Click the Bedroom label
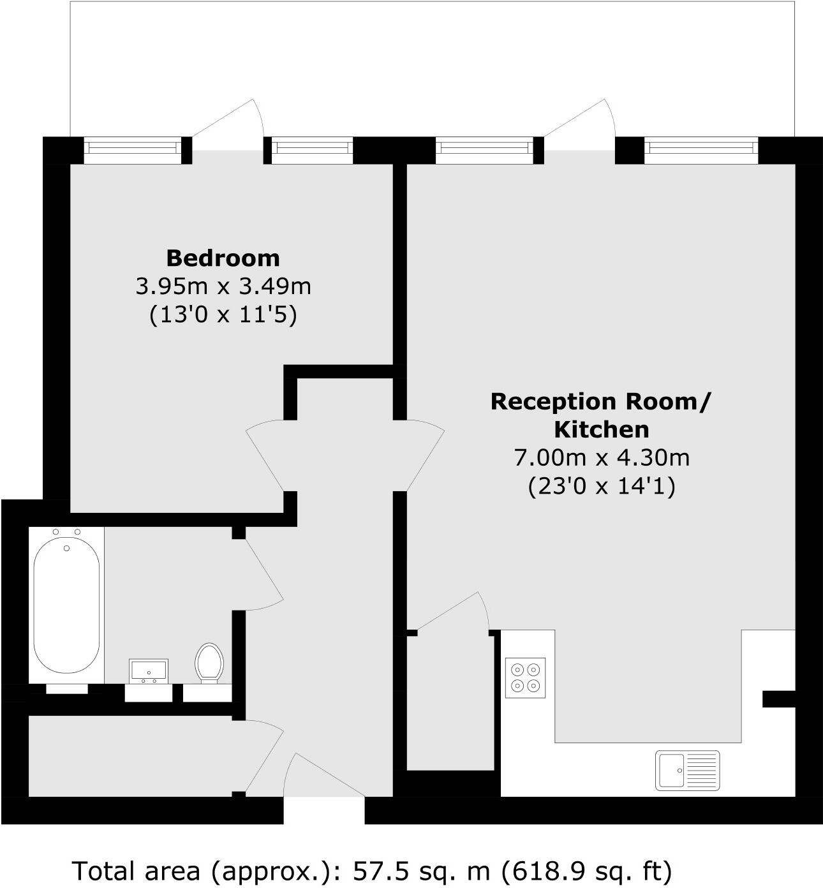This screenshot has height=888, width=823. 223,258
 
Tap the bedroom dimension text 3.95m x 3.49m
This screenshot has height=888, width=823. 223,286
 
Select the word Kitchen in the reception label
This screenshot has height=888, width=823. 601,429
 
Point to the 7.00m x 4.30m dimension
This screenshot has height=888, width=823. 601,457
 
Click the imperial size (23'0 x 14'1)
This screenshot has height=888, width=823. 601,486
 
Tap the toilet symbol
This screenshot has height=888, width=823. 209,662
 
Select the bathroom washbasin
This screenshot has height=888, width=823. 149,670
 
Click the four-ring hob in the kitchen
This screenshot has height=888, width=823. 526,677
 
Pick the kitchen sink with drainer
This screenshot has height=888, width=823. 687,769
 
